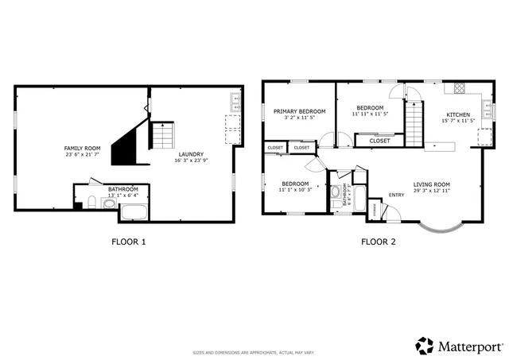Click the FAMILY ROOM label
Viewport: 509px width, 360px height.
[83, 148]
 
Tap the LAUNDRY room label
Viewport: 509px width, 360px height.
[191, 154]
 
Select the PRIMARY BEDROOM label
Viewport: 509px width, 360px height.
[300, 110]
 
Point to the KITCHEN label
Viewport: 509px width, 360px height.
[457, 114]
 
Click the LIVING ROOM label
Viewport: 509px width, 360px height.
[431, 184]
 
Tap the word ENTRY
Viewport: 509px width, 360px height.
[396, 195]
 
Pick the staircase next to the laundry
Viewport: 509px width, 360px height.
[162, 136]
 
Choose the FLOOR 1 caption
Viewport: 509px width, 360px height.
[128, 242]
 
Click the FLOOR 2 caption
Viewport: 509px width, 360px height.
[379, 242]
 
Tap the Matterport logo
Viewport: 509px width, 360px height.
[460, 346]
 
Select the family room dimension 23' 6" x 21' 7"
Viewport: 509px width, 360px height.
[83, 154]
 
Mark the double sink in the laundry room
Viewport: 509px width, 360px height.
[234, 101]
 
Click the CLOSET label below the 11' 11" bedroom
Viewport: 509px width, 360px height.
[380, 141]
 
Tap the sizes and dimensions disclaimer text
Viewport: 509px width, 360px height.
[254, 352]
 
